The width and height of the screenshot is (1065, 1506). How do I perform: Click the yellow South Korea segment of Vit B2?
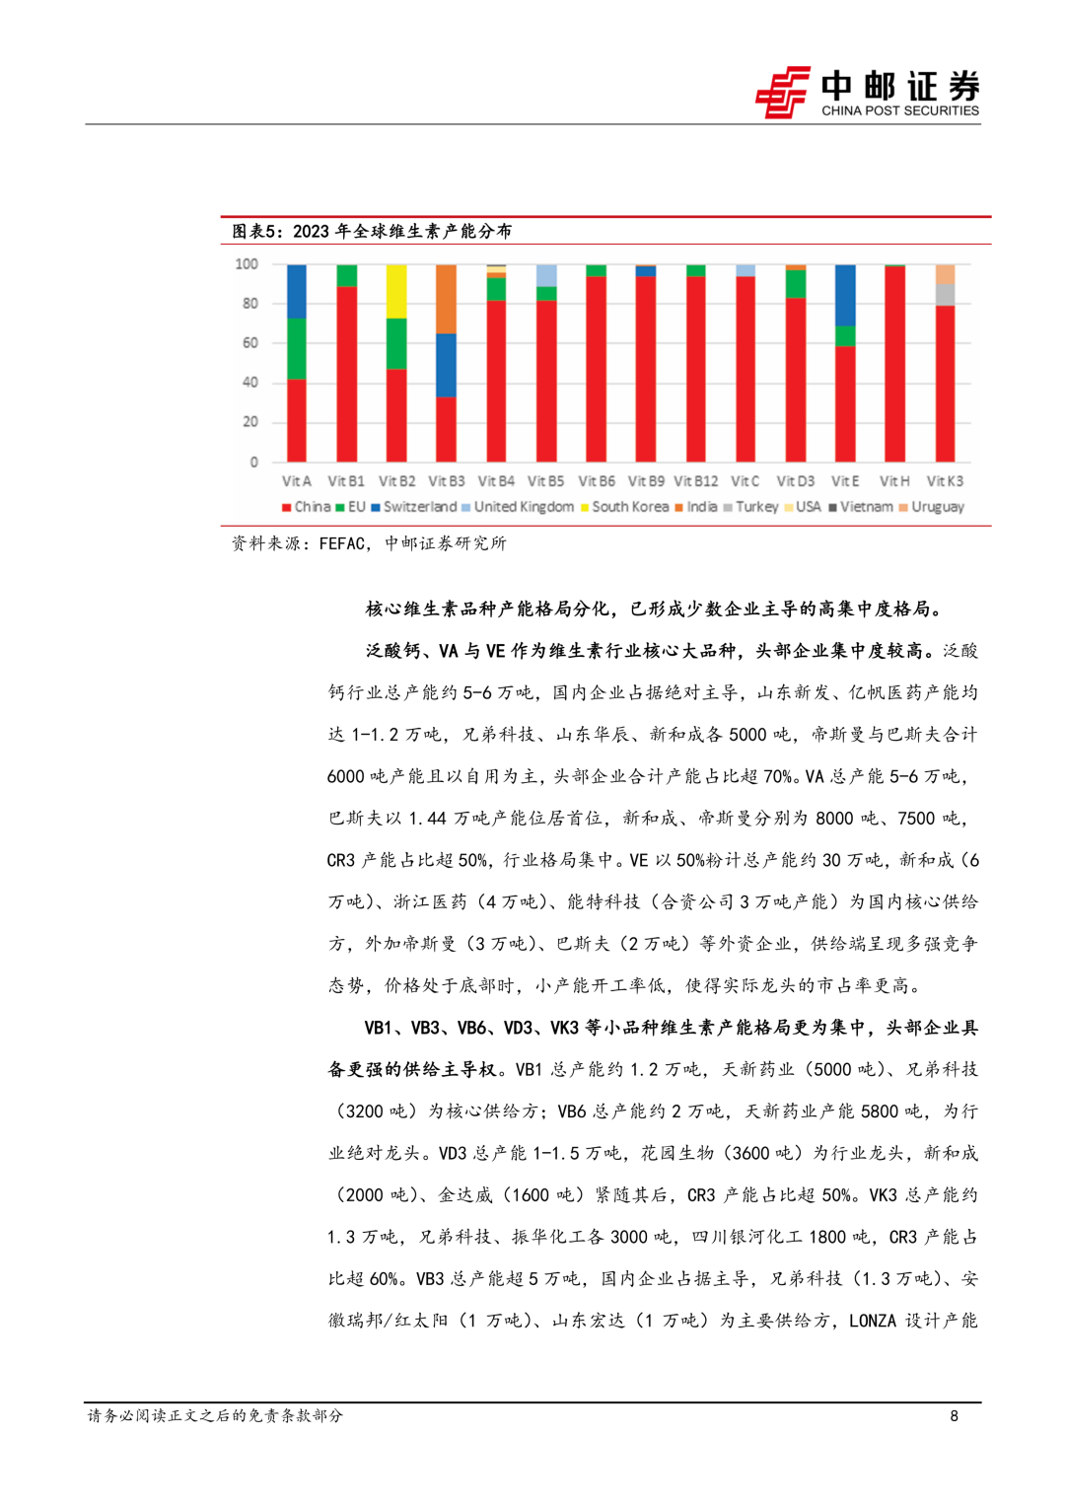[395, 291]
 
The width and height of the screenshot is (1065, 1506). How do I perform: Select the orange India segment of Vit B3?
[446, 299]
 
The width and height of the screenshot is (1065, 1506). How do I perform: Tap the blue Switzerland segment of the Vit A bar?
[296, 291]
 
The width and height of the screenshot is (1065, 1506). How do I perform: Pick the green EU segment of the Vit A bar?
[296, 348]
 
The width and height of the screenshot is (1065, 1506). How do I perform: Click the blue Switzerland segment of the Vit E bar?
[845, 295]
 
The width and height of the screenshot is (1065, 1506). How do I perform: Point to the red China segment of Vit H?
[894, 365]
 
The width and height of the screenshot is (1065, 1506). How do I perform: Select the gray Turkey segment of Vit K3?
[945, 294]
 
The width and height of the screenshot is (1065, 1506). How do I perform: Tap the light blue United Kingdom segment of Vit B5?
[545, 275]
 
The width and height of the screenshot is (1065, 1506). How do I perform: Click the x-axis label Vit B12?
[695, 481]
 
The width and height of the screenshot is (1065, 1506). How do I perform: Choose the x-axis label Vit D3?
[795, 481]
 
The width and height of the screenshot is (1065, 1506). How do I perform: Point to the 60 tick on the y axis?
[249, 343]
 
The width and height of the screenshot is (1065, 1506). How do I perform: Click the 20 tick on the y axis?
[249, 422]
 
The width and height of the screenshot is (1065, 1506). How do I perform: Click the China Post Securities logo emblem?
[782, 93]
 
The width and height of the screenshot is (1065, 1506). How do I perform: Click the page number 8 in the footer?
[954, 1416]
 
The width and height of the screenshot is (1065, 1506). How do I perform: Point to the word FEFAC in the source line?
[343, 543]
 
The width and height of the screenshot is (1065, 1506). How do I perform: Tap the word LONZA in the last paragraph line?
[872, 1321]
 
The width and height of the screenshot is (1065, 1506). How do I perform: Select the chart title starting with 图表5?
[372, 231]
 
